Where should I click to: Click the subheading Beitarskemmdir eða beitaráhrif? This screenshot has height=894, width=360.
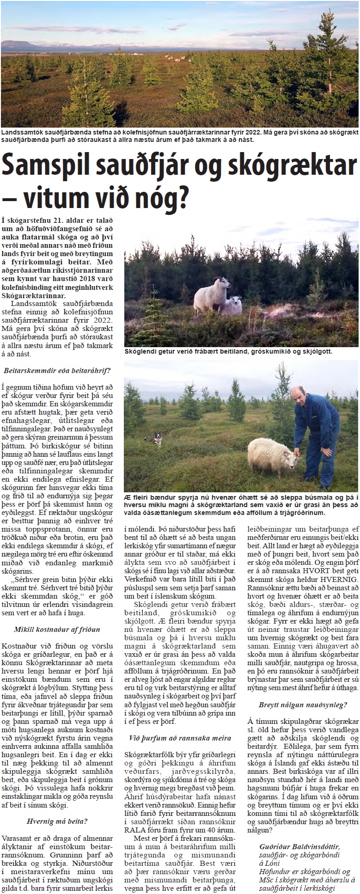pyautogui.click(x=57, y=370)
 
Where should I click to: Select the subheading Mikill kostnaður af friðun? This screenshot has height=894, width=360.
pyautogui.click(x=57, y=629)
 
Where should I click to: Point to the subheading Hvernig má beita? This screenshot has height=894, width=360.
pyautogui.click(x=57, y=782)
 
